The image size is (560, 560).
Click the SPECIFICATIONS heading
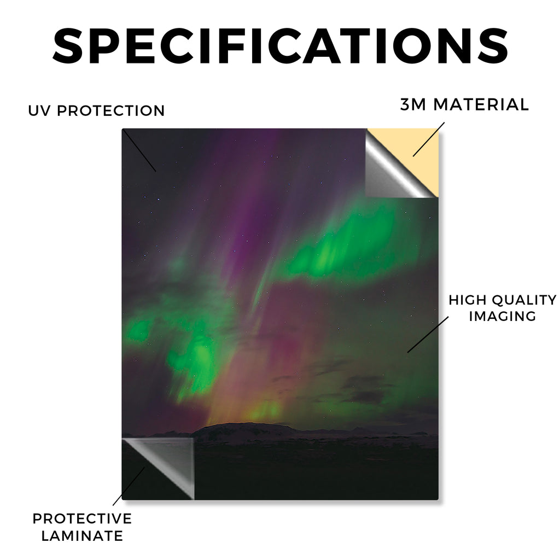(280, 46)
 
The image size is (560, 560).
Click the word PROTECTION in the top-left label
(110, 110)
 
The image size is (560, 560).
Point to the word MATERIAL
(481, 104)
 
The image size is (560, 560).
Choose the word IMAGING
(503, 316)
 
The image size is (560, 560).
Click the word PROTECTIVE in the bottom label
(82, 518)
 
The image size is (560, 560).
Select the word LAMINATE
(82, 536)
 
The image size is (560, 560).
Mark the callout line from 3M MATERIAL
(429, 139)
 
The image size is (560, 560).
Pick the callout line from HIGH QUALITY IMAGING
(428, 334)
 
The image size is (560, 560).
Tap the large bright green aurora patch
(343, 247)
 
